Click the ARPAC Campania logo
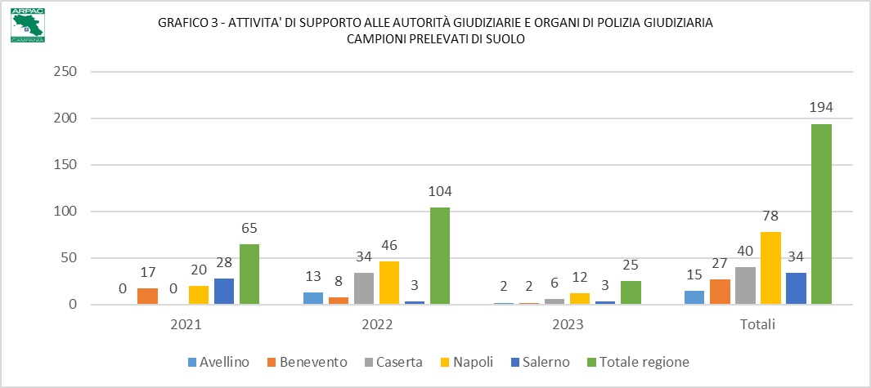28,25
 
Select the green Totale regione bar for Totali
821,214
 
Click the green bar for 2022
439,256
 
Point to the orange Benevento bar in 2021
147,297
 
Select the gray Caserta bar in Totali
745,286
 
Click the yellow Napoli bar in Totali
770,268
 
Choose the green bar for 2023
631,292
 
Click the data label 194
821,108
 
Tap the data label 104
439,191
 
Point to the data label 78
770,216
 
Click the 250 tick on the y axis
63,72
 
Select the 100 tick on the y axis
63,212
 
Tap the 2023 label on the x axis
568,324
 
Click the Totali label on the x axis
758,324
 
